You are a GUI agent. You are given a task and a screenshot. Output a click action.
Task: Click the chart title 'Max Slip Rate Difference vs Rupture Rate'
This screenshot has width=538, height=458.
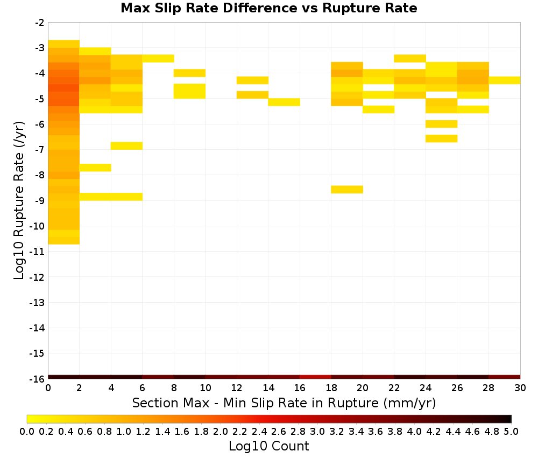coord(268,8)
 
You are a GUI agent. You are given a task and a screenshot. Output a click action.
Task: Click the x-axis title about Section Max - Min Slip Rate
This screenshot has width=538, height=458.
coord(284,403)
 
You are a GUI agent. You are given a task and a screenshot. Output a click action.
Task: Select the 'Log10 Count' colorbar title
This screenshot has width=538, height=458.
coord(268,446)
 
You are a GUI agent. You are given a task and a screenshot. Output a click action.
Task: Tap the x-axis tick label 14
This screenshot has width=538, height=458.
coord(268,388)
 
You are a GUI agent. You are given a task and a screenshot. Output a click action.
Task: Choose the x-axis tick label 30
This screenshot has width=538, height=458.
coord(520,388)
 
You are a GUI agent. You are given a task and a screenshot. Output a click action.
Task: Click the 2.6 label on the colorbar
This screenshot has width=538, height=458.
coord(278,431)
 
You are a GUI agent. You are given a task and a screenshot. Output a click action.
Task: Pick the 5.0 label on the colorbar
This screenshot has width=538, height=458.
coord(511,431)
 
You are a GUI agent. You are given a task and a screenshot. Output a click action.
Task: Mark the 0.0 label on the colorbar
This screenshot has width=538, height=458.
coord(27,431)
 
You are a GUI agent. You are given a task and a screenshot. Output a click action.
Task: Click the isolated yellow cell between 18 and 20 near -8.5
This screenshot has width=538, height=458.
coord(347,189)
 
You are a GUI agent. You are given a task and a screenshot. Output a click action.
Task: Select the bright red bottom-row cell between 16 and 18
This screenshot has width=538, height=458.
coord(315,377)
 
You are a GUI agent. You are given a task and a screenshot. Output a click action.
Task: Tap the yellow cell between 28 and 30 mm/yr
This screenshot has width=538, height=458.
coord(505,80)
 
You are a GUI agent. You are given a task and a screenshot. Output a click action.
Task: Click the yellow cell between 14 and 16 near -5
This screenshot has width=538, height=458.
coord(284,102)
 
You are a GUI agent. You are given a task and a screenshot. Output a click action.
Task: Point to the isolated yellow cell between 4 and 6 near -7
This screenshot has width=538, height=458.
coord(126,145)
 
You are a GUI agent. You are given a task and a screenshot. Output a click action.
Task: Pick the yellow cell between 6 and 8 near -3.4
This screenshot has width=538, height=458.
coord(158,58)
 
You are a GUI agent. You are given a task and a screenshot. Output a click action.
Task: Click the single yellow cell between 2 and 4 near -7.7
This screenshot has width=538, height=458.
coord(95,168)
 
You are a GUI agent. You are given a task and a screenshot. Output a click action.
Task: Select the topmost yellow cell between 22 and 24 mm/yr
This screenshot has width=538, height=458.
coord(409,58)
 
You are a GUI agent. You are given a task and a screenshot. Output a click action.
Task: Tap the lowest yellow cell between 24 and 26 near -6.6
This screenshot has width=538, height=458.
coord(441,138)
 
